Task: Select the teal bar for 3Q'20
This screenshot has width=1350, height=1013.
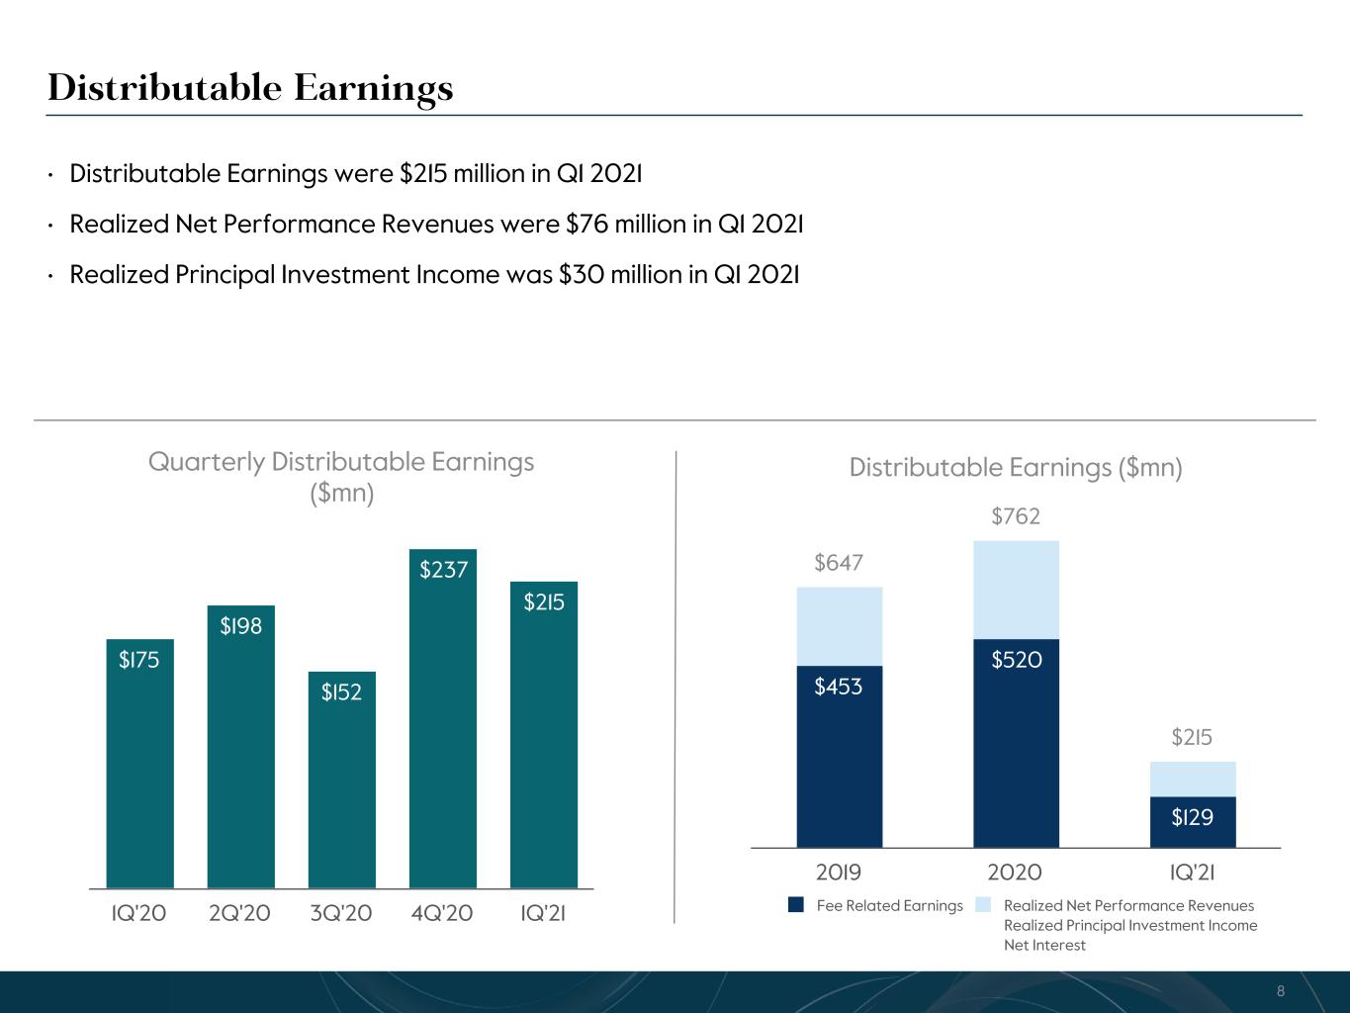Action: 342,780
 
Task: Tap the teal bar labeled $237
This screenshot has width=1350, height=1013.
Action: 443,718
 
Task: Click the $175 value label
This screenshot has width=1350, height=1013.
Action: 139,660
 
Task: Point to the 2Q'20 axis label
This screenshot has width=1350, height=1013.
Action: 240,913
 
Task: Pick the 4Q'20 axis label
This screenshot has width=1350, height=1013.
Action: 442,913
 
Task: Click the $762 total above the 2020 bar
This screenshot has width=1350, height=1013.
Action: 1016,516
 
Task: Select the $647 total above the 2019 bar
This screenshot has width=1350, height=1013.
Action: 839,563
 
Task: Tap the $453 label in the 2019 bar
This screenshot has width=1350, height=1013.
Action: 839,687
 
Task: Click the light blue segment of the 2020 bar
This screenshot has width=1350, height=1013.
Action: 1016,590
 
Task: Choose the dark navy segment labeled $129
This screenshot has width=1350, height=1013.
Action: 1193,822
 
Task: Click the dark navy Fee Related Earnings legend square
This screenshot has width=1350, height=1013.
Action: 796,904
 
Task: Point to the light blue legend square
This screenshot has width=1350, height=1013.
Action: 983,904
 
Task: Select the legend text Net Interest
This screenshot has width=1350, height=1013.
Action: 1044,946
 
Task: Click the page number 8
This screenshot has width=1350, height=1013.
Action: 1281,991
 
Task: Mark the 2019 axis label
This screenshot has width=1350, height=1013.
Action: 839,873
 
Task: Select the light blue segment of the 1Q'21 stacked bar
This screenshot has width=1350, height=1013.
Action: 1193,780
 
